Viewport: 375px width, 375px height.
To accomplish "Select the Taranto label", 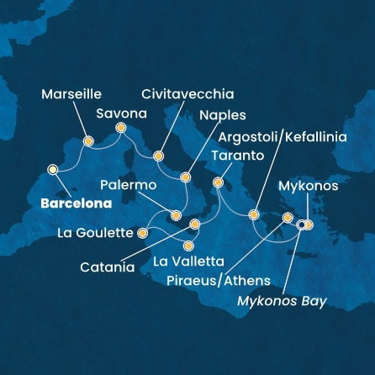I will (x=238, y=156).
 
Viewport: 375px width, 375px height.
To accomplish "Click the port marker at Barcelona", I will (x=53, y=169).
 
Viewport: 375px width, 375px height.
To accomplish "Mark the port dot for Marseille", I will (x=87, y=141).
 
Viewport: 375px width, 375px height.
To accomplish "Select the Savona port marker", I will (x=120, y=128).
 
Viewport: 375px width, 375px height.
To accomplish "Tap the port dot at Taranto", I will (x=218, y=182).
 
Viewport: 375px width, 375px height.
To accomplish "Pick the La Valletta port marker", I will (x=188, y=246).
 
